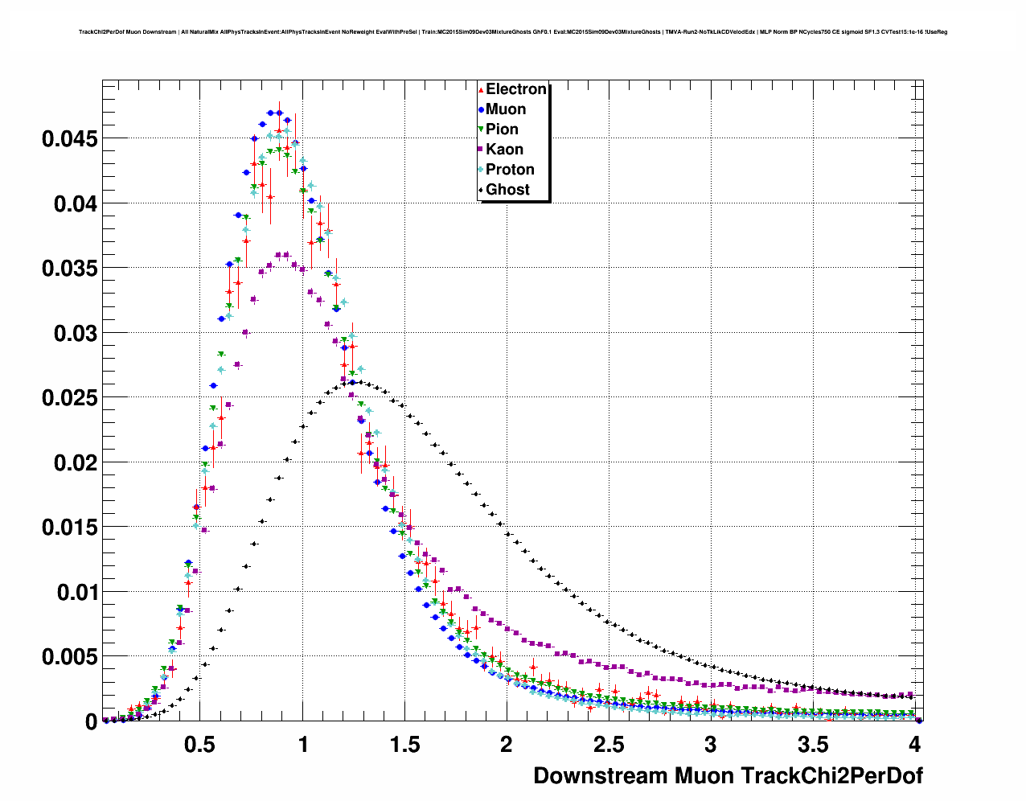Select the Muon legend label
click(506, 109)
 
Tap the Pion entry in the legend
click(502, 129)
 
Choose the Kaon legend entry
click(504, 150)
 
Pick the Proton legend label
click(510, 170)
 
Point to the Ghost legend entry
click(507, 190)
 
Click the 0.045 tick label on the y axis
click(69, 139)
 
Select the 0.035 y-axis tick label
click(69, 269)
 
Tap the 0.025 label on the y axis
click(69, 398)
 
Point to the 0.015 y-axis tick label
click(69, 528)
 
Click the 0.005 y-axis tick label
click(69, 657)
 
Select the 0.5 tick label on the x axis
click(200, 745)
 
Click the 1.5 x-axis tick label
click(404, 745)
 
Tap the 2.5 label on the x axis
click(609, 745)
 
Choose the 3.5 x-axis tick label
click(813, 745)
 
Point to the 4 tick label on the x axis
click(914, 745)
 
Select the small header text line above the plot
click(513, 32)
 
